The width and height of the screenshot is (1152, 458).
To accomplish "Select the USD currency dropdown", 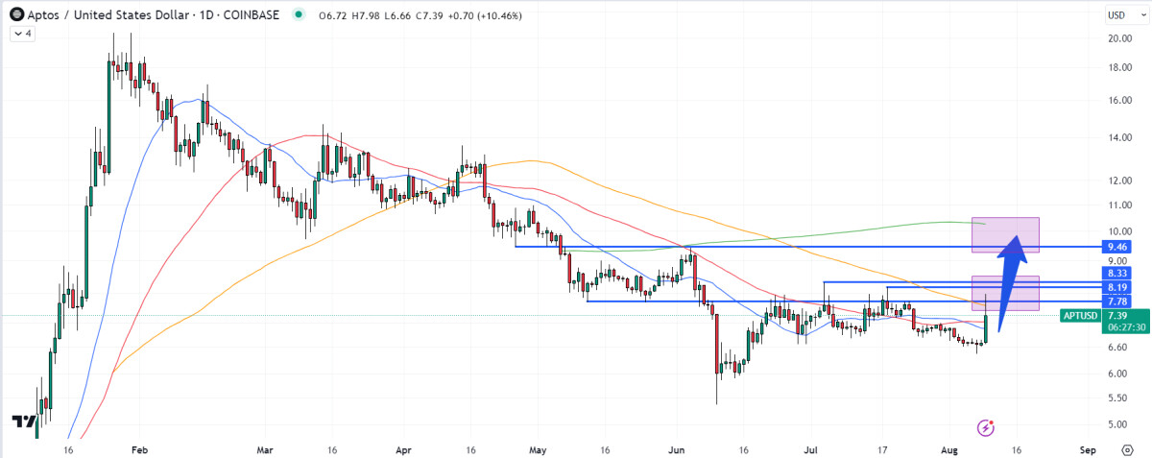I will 1117,14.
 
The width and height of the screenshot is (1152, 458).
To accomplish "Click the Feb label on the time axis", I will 139,448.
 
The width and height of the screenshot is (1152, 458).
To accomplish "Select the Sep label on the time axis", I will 1088,448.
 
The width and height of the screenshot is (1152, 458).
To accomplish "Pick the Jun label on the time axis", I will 677,448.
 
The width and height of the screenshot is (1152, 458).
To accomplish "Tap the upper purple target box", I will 1005,235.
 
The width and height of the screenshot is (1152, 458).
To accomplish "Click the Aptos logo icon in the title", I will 16,14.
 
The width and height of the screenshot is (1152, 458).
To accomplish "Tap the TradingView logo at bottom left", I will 24,422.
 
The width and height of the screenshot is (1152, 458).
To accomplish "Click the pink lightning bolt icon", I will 984,426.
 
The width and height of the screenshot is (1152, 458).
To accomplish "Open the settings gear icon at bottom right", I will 1127,448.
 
